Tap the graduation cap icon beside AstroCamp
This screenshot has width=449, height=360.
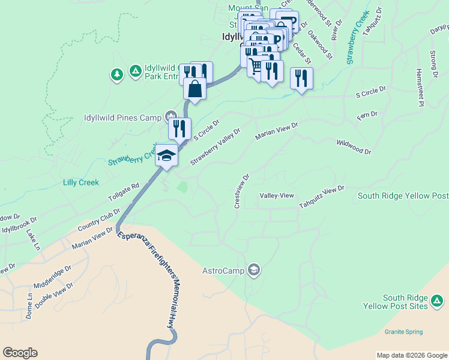click(254, 271)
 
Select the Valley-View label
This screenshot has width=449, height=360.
click(276, 196)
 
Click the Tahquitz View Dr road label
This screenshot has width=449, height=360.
click(322, 197)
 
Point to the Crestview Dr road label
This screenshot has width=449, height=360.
click(241, 191)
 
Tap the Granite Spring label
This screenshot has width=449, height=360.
click(403, 332)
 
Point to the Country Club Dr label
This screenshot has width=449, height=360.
click(98, 221)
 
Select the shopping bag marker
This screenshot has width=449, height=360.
click(195, 89)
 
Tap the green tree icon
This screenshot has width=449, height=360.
click(116, 75)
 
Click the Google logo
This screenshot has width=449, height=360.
click(20, 353)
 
